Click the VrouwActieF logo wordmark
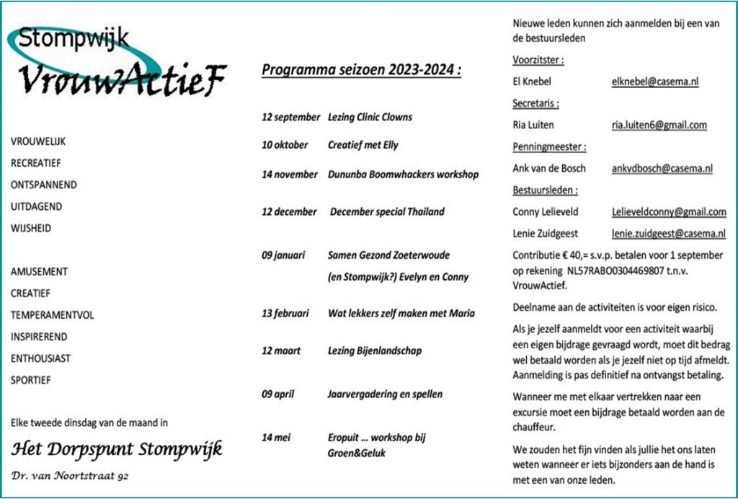tap(123, 78)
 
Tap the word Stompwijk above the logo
tap(74, 38)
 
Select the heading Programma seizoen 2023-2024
tap(360, 70)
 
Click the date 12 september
tap(290, 117)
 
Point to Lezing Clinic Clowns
tap(370, 117)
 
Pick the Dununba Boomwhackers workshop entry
tap(403, 174)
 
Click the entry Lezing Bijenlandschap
tap(375, 350)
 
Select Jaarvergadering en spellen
tap(385, 394)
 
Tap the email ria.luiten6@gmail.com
tap(659, 125)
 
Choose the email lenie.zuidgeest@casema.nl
tap(669, 234)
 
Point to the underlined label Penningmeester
tap(548, 146)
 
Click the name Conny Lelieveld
tap(545, 212)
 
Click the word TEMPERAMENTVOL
tap(52, 315)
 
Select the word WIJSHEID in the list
tap(31, 229)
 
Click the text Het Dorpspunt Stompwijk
tap(117, 449)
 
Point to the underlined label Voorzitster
tap(538, 60)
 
